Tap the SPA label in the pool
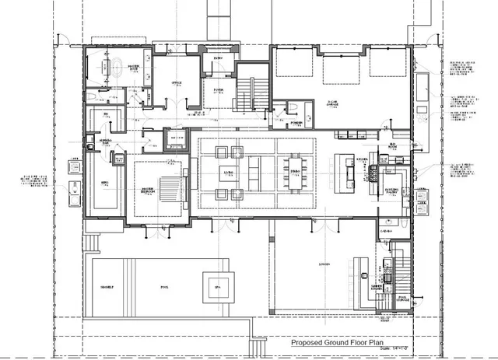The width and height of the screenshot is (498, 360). (x=219, y=287)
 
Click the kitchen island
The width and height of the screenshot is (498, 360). (x=343, y=167)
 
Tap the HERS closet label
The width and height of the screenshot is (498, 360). (x=102, y=183)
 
